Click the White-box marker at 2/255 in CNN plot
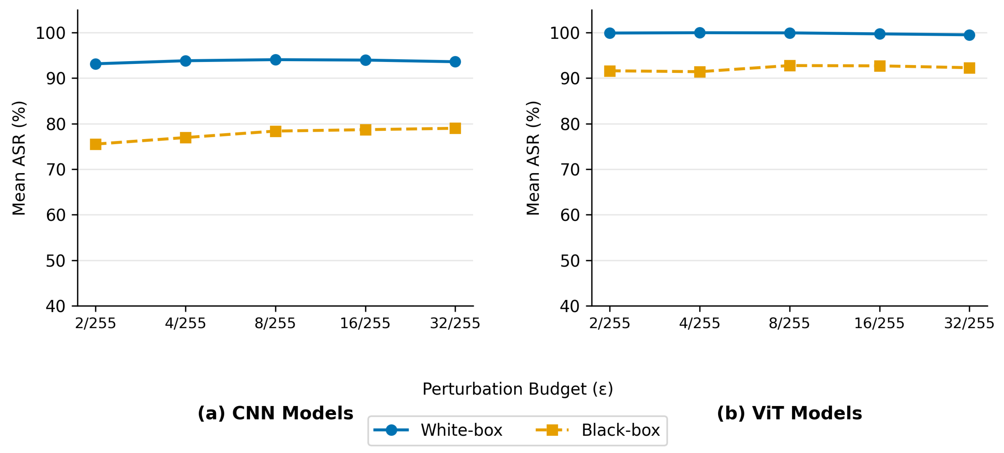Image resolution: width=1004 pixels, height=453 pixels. tap(96, 64)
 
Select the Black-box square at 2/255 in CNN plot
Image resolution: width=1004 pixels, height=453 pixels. tap(96, 144)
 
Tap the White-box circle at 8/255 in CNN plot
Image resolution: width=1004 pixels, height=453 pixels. tap(276, 60)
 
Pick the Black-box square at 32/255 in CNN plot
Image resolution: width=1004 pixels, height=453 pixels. tap(455, 128)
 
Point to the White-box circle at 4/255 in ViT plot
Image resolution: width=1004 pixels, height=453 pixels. tap(700, 33)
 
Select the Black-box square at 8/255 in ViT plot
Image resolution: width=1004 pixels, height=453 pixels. tap(790, 66)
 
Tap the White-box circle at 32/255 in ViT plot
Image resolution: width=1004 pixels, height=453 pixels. tap(969, 35)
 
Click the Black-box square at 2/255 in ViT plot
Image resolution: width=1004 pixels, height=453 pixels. tap(609, 71)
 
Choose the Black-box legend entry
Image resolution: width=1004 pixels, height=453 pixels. tap(598, 430)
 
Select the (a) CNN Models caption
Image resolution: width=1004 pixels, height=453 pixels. tap(275, 413)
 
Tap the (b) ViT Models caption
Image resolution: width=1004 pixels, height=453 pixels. tap(789, 413)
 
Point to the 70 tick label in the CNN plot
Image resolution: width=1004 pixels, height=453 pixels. tap(56, 170)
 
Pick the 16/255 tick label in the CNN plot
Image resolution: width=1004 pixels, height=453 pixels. tap(365, 323)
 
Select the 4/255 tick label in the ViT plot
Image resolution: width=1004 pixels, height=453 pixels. tap(699, 323)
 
